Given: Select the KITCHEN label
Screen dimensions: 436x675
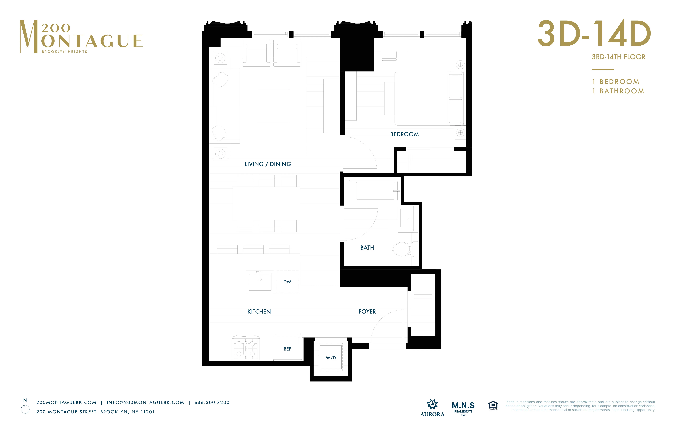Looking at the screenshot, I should pos(259,311).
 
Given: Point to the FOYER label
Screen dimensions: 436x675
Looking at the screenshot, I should pos(367,311).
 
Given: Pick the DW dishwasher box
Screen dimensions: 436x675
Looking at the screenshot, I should pos(287,281).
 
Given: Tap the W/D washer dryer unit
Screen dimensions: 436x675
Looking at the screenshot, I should pos(331,358).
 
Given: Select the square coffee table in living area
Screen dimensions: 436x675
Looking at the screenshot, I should pos(273,106).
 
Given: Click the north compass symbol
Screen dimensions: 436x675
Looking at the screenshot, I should pos(25,409).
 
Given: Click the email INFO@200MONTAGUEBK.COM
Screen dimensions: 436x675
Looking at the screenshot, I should pos(145,402).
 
